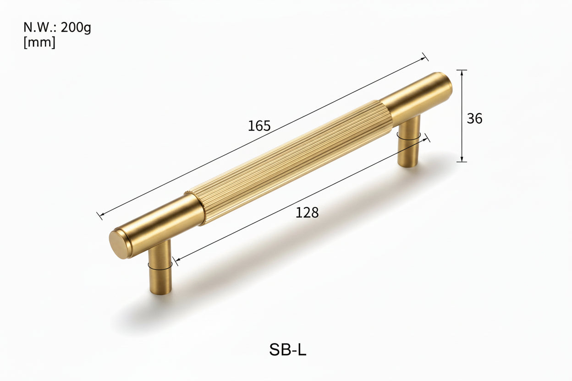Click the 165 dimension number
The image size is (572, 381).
click(x=259, y=126)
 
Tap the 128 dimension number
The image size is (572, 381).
click(x=307, y=212)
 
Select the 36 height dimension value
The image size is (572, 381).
click(x=474, y=119)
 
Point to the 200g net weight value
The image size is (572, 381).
click(x=76, y=27)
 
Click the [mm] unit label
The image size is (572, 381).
click(x=39, y=43)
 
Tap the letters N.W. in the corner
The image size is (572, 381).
click(x=40, y=27)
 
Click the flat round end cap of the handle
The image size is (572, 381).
click(x=120, y=244)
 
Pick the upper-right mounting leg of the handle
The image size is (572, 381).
click(x=409, y=142)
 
